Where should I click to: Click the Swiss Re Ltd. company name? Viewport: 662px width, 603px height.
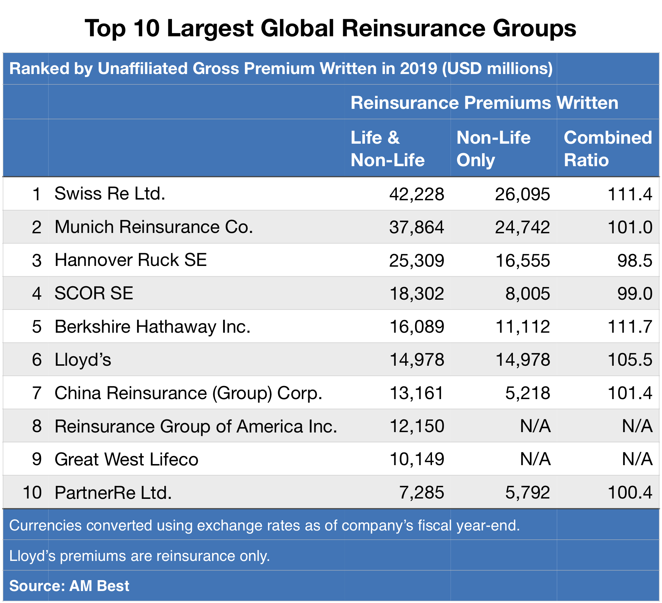coord(110,194)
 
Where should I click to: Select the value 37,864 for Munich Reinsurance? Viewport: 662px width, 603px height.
coord(416,227)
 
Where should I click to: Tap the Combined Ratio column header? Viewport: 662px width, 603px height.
coord(608,149)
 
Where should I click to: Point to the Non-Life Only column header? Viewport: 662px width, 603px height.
coord(493,149)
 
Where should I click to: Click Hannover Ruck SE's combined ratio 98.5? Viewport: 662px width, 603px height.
coord(635,261)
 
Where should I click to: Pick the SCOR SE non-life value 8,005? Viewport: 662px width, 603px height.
coord(527,294)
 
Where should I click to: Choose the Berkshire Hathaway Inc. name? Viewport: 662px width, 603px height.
coord(152,327)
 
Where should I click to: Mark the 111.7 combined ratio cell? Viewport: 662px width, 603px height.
coord(630,327)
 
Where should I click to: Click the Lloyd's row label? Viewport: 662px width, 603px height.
coord(83,360)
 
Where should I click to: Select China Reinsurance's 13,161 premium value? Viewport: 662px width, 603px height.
coord(416,393)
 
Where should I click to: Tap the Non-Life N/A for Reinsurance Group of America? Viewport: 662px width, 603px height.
coord(535,426)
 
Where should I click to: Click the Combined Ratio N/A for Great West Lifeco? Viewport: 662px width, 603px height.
coord(637,459)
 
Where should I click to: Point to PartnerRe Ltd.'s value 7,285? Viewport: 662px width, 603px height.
coord(421,493)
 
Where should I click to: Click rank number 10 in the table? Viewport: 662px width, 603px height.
coord(32,493)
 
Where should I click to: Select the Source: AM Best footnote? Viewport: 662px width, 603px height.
coord(69,586)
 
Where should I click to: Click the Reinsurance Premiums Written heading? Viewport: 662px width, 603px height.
coord(484,103)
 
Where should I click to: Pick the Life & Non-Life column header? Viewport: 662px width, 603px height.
coord(387,149)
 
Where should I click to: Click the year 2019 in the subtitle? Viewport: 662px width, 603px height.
coord(419,69)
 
